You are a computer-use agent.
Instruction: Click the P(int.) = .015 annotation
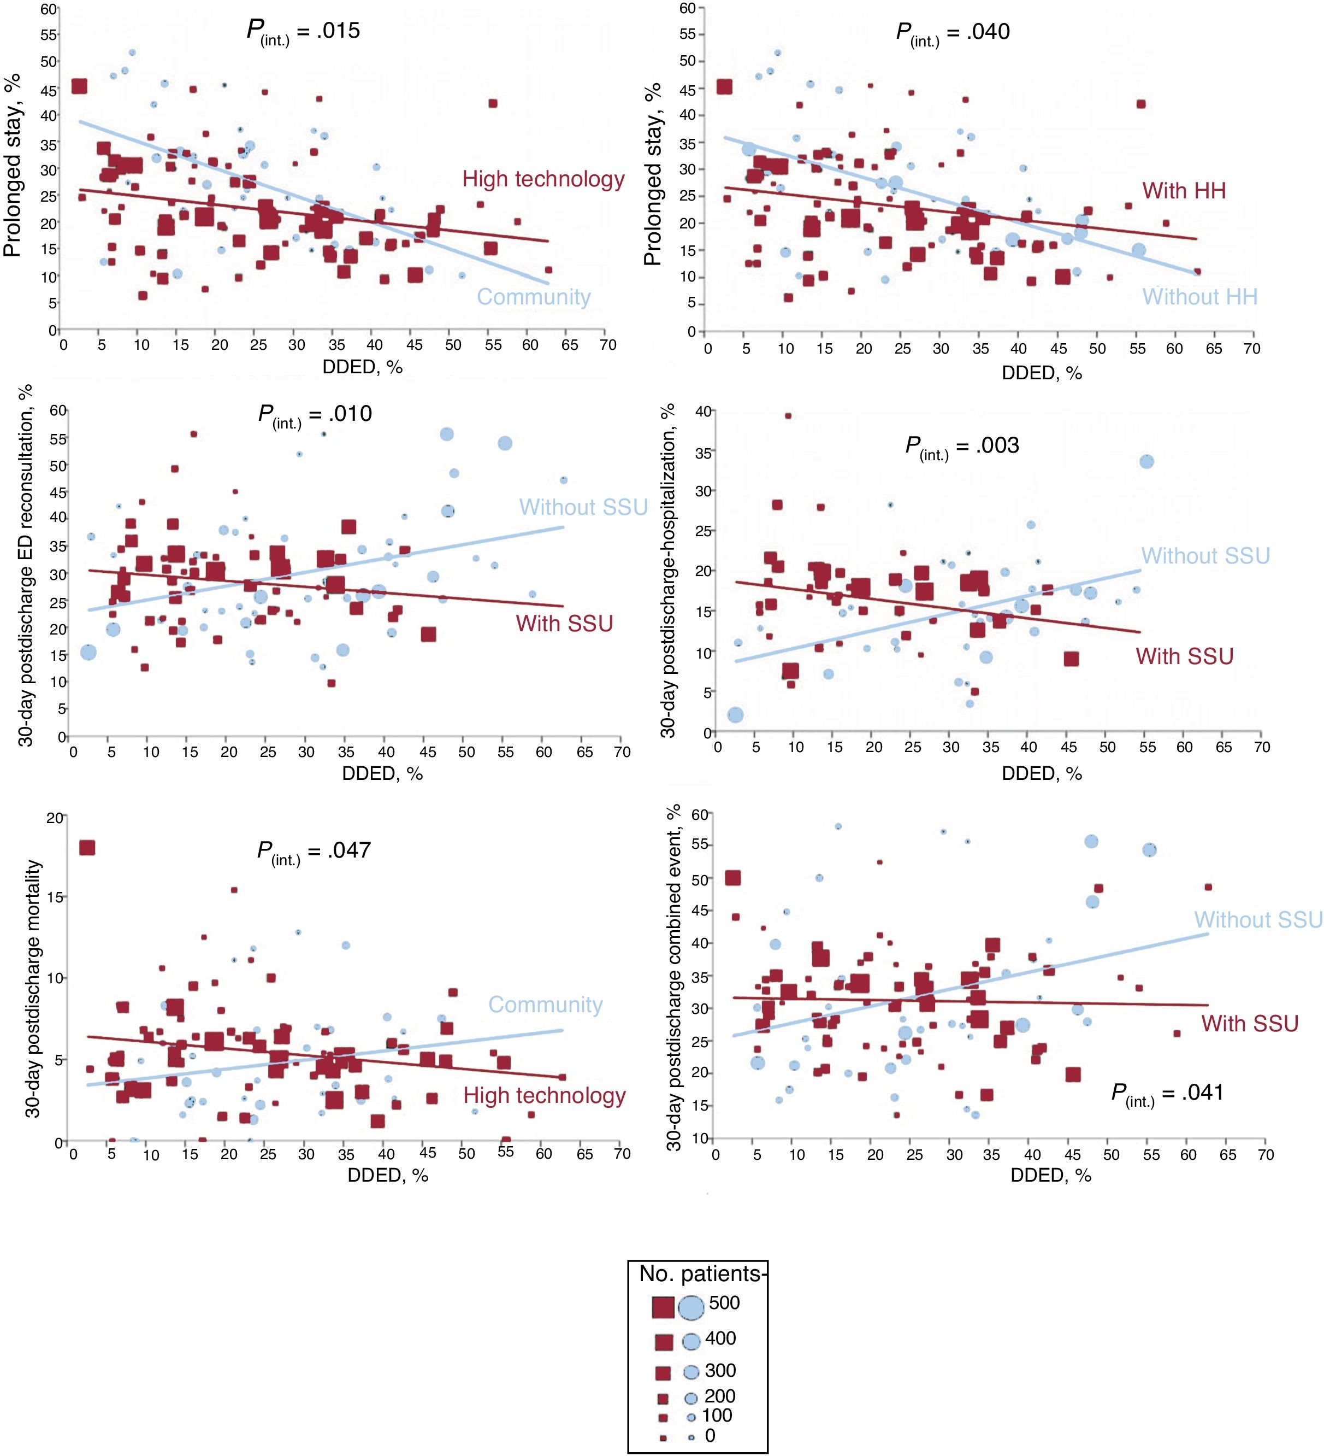[x=303, y=32]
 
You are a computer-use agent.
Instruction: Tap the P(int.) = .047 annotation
[x=314, y=851]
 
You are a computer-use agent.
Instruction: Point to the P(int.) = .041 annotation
[x=1167, y=1093]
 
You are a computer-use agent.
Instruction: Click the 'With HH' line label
[x=1184, y=191]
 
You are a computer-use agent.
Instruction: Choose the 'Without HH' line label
[x=1199, y=297]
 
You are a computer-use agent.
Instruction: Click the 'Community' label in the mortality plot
[x=545, y=1005]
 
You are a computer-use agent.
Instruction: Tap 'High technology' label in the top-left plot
[x=543, y=179]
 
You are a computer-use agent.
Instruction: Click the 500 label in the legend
[x=724, y=1303]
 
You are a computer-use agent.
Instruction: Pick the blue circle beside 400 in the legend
[x=691, y=1342]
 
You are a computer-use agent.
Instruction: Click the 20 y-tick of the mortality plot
[x=55, y=818]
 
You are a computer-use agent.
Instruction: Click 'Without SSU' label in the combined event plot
[x=1257, y=919]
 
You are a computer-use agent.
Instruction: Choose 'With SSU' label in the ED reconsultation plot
[x=564, y=623]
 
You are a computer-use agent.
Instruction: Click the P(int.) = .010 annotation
[x=315, y=414]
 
